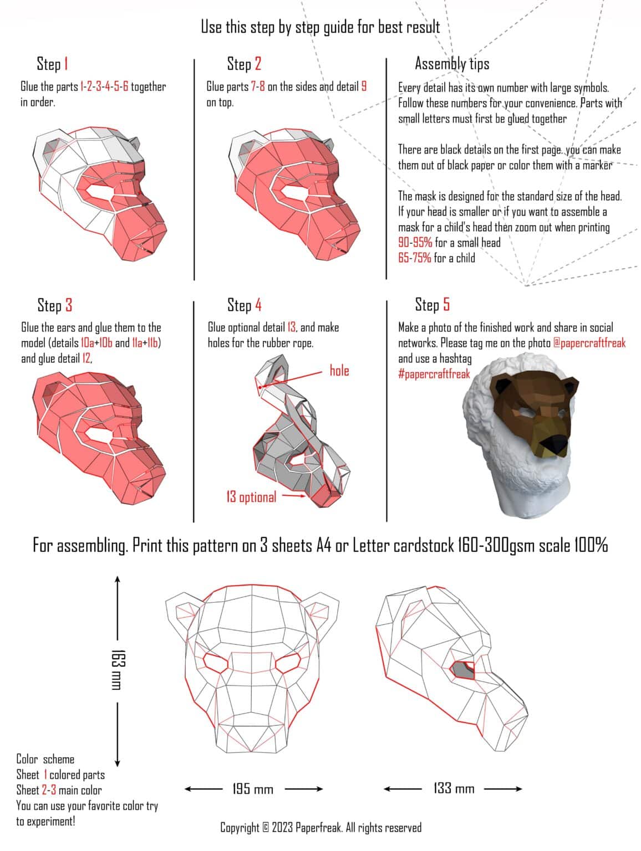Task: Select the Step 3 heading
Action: tap(54, 305)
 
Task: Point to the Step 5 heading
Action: tap(432, 304)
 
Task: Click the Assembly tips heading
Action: tap(452, 64)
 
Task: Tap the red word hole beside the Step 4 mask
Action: tap(339, 370)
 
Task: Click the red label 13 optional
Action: tap(251, 496)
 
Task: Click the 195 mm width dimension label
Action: tap(253, 788)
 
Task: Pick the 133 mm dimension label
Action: tap(454, 788)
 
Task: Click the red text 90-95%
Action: tap(415, 243)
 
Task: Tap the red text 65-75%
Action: tap(415, 258)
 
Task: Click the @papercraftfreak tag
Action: tap(589, 343)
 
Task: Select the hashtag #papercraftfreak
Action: tap(434, 374)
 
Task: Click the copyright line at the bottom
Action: tap(320, 828)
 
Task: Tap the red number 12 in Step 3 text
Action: tap(87, 358)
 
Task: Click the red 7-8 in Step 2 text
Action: tap(258, 86)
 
